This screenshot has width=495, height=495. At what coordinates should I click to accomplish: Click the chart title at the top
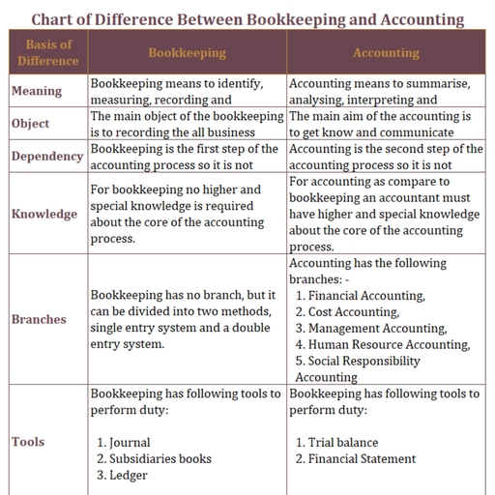click(x=247, y=18)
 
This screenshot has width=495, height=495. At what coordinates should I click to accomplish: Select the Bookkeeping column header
click(x=187, y=53)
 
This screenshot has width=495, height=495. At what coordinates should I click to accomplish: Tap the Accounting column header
click(x=385, y=53)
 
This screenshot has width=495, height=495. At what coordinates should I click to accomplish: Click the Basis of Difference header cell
click(x=48, y=53)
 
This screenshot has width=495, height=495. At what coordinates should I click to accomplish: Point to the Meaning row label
click(x=37, y=91)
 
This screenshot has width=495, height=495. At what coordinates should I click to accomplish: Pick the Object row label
click(x=31, y=124)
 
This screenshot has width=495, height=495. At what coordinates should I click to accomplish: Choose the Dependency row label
click(x=47, y=157)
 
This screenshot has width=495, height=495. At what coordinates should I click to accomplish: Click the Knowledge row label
click(x=44, y=214)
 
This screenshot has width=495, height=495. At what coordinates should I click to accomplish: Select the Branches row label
click(x=40, y=319)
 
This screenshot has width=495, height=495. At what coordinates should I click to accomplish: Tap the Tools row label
click(x=28, y=442)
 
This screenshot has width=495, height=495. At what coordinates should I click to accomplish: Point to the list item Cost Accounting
click(x=353, y=312)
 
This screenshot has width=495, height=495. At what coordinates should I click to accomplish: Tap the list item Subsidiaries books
click(x=160, y=459)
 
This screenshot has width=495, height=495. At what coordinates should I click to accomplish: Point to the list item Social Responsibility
click(x=364, y=362)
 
